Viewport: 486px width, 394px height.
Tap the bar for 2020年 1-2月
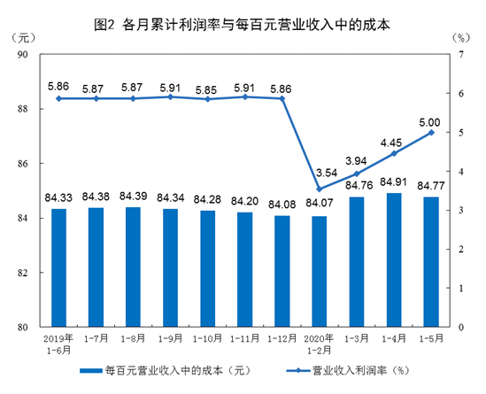click(x=319, y=271)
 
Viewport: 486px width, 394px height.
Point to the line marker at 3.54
click(x=319, y=189)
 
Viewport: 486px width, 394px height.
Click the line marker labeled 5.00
click(x=431, y=132)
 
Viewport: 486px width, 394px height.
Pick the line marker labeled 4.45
click(x=393, y=153)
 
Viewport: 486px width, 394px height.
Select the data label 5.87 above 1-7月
click(x=96, y=89)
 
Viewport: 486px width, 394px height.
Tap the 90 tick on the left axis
click(x=25, y=55)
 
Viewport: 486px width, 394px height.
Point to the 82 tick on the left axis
click(x=25, y=273)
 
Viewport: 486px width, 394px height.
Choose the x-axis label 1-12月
click(x=282, y=339)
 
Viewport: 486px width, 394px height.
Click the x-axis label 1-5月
click(x=431, y=339)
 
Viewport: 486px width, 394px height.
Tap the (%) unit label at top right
click(x=459, y=38)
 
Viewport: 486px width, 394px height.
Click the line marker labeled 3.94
click(x=356, y=174)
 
